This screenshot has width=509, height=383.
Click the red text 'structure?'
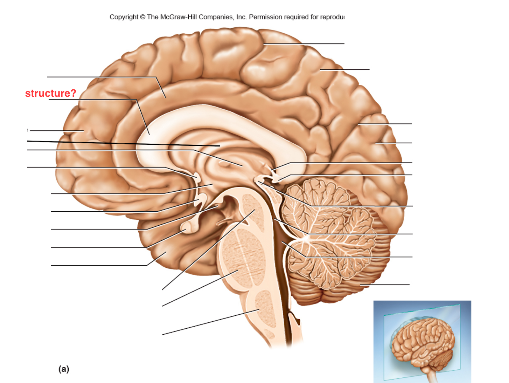pos(50,93)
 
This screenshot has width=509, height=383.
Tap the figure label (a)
pos(64,369)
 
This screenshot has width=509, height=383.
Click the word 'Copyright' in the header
pos(124,17)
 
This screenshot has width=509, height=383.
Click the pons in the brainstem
pos(242,258)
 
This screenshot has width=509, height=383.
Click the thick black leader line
pos(124,143)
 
